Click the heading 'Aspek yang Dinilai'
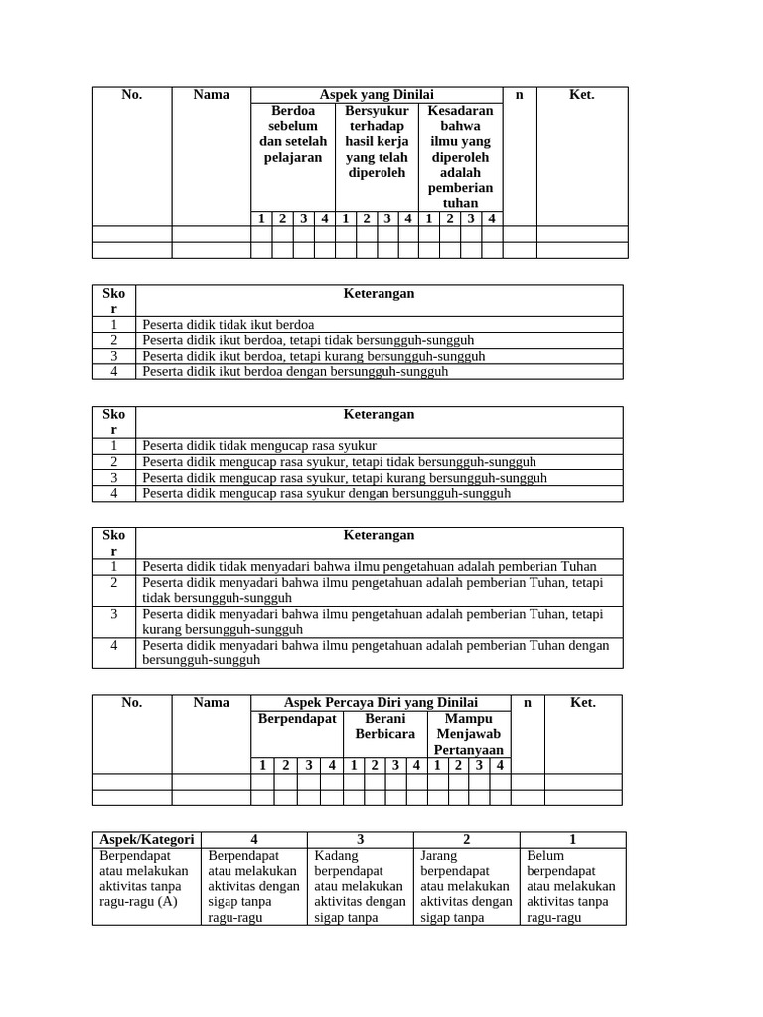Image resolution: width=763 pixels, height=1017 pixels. (377, 94)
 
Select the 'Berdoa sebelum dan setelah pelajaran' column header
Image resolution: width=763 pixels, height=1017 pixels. (293, 134)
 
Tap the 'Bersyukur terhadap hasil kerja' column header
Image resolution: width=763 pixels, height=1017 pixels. (377, 142)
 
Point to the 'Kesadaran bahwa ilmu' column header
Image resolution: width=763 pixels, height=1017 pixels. (460, 157)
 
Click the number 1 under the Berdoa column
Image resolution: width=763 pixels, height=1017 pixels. (260, 218)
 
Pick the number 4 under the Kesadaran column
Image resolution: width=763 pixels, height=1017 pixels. (491, 218)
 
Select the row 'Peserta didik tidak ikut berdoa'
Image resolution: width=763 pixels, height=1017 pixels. (229, 325)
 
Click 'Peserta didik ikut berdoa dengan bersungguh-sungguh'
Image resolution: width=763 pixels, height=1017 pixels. (295, 372)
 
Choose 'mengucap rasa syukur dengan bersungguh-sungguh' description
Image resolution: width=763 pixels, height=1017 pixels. (327, 493)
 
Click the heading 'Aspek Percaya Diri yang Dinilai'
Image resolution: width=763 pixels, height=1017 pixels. (381, 702)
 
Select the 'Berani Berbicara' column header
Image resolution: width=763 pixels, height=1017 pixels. (384, 726)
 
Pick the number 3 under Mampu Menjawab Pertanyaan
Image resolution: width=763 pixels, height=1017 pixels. (479, 765)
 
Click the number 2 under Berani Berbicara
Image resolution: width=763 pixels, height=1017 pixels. (375, 765)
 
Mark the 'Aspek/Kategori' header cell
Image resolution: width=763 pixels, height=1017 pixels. (147, 839)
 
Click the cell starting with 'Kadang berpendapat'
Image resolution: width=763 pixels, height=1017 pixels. (359, 886)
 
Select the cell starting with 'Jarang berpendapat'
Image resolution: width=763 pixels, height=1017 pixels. (465, 886)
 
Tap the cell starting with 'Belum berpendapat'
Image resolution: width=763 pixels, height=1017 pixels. (571, 886)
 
